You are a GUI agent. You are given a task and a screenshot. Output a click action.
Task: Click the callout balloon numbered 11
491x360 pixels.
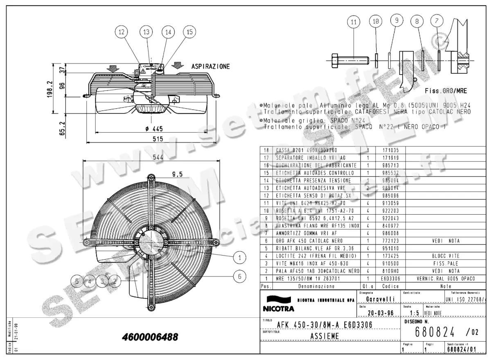click(354, 23)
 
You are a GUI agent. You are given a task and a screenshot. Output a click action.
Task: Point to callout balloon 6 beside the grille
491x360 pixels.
click(239, 276)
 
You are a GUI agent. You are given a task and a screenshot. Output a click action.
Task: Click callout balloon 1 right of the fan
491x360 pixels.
click(239, 257)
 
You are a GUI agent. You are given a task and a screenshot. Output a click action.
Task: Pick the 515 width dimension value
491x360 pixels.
click(158, 139)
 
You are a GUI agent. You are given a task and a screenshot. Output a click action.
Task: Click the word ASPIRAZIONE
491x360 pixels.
click(210, 66)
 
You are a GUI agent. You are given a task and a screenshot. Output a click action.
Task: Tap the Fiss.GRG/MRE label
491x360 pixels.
click(446, 91)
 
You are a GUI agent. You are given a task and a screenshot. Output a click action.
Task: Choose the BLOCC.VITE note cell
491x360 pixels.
click(446, 256)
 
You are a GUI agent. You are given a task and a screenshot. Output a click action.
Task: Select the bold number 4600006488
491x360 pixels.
click(150, 337)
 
